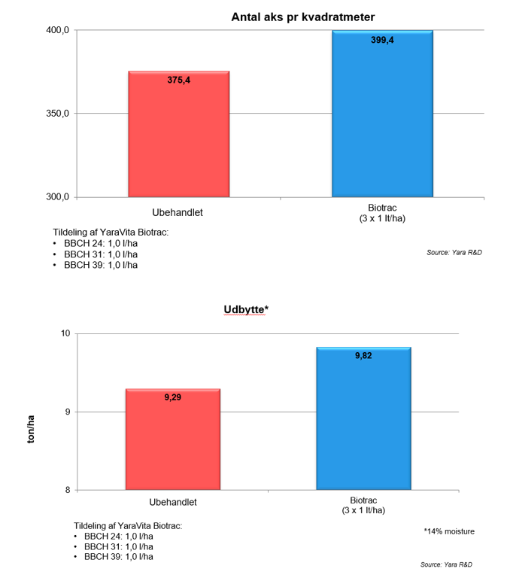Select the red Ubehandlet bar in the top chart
click(x=178, y=135)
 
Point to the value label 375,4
click(x=178, y=79)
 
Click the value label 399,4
click(x=382, y=40)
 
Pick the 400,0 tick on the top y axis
click(x=59, y=30)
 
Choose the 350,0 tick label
click(x=59, y=114)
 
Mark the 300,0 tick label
click(x=59, y=197)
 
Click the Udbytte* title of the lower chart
click(x=245, y=309)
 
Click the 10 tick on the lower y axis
click(x=65, y=333)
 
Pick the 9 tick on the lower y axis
click(x=67, y=412)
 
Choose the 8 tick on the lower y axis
click(x=67, y=490)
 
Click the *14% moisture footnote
click(x=449, y=531)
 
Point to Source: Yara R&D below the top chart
click(x=454, y=253)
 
